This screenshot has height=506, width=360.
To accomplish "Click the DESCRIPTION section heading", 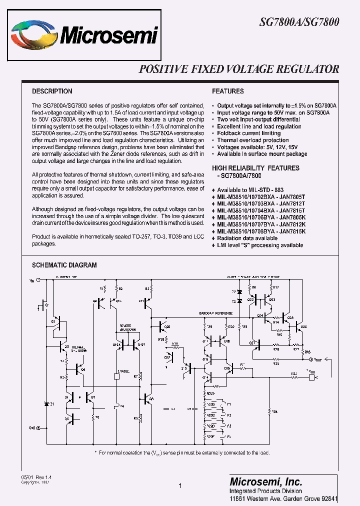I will [52, 91].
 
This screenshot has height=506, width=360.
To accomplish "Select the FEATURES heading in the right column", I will [227, 91].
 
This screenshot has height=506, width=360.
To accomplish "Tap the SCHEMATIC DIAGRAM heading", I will [64, 265].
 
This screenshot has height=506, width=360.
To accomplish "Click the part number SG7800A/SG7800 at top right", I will [299, 22].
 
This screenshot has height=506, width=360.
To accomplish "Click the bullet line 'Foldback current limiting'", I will [248, 133].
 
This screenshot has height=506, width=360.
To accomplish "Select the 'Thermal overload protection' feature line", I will [252, 140].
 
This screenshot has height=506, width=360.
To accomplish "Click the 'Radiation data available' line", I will [247, 238].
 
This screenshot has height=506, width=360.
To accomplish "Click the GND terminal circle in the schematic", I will [38, 428].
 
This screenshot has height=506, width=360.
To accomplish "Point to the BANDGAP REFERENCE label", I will [216, 313].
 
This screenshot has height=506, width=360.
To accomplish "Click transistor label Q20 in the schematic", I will [167, 327].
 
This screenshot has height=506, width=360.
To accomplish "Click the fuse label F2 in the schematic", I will [228, 414].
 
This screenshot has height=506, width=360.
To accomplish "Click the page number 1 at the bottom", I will [179, 485].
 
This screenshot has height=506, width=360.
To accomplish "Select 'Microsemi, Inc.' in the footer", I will [265, 482].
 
